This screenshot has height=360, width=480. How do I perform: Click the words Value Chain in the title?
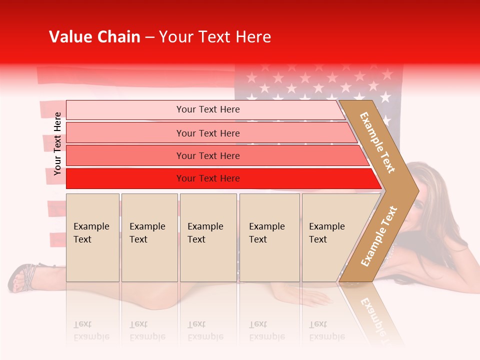[x=94, y=37]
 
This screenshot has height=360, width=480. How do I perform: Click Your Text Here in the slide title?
[x=215, y=37]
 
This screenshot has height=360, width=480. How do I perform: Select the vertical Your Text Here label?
[x=57, y=143]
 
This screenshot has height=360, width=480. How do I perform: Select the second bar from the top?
[x=207, y=133]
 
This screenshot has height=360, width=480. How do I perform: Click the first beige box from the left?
[x=92, y=237]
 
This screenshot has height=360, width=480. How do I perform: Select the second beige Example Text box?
[x=149, y=237]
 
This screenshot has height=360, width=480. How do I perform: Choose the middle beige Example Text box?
[x=208, y=237]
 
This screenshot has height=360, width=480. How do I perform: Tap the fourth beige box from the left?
[x=269, y=237]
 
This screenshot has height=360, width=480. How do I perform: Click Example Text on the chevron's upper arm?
[x=377, y=142]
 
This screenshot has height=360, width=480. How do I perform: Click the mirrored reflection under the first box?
[x=92, y=330]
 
